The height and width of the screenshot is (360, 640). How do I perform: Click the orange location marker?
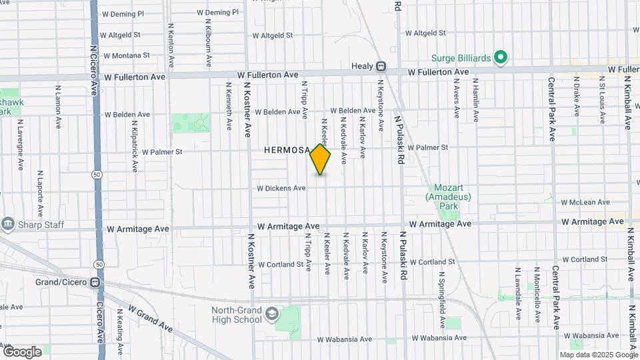[x=320, y=159]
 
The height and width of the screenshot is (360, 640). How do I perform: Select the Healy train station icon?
[x=381, y=67]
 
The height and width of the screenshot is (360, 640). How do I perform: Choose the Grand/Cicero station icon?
[x=95, y=282]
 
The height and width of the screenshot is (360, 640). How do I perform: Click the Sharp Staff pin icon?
[x=8, y=223]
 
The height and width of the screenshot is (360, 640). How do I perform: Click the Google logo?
[x=22, y=351]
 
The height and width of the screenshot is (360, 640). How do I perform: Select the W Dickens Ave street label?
[x=281, y=189]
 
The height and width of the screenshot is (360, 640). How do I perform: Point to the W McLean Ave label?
[x=585, y=202]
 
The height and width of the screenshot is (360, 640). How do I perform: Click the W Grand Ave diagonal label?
[x=151, y=321]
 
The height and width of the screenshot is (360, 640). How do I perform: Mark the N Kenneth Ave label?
[x=229, y=105]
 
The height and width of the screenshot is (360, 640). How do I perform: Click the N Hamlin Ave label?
[x=476, y=101]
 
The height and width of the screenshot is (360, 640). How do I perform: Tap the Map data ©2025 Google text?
[x=599, y=355]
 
